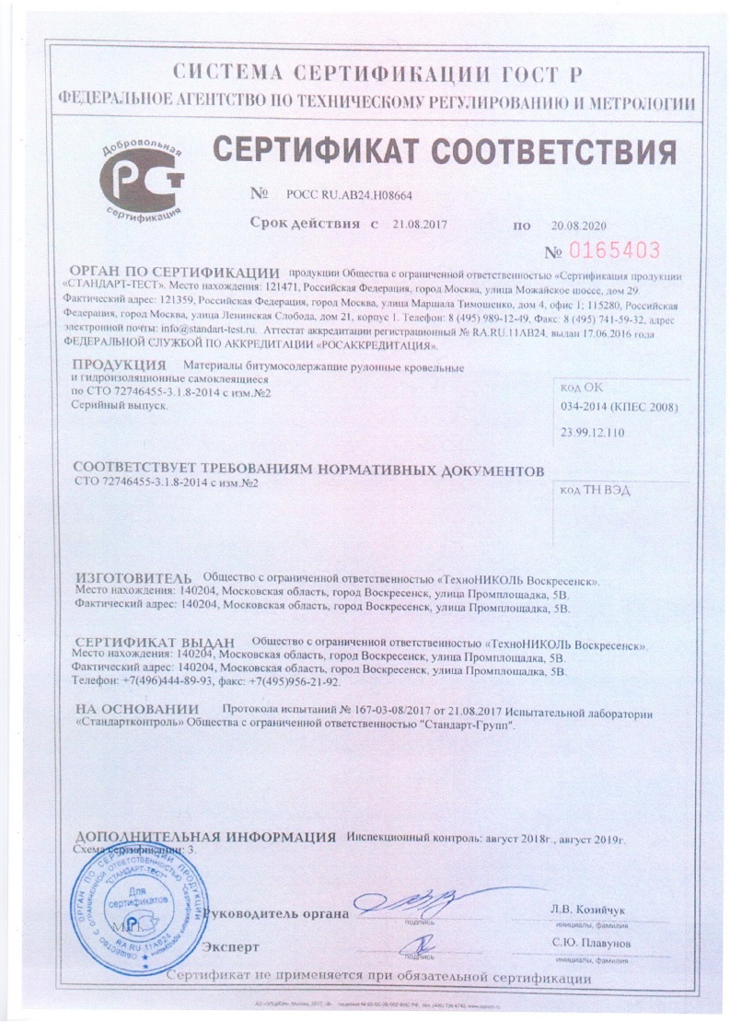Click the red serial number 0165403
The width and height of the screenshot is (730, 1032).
tap(617, 249)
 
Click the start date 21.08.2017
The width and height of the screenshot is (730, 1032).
tap(418, 225)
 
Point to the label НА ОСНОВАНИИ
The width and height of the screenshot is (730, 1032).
tap(137, 710)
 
